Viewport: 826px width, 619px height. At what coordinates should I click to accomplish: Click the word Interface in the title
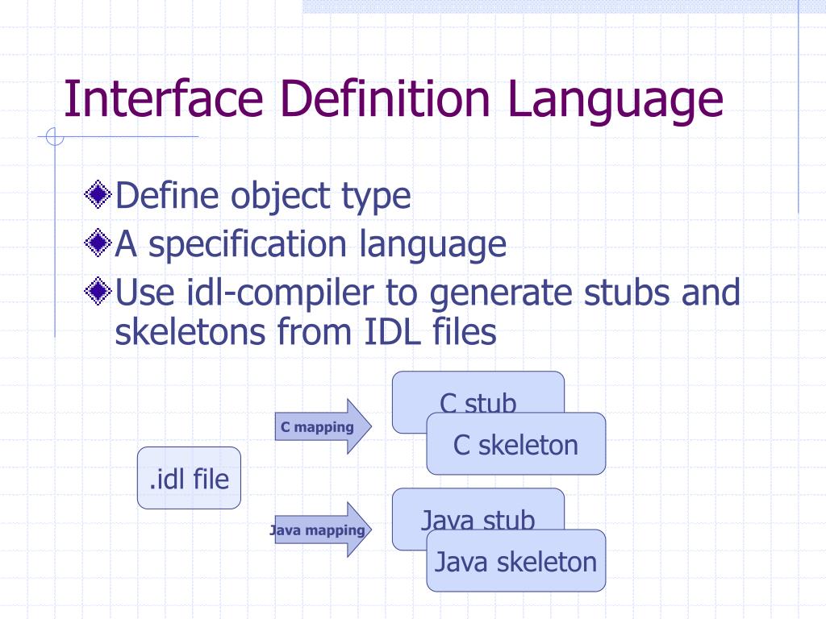[164, 98]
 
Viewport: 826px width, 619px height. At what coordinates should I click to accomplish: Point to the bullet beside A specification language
[99, 243]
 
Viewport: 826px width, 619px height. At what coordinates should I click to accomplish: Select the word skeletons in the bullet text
[189, 331]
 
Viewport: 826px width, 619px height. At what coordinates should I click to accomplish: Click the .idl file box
[189, 478]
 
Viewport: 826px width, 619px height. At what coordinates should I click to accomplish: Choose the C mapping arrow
[323, 426]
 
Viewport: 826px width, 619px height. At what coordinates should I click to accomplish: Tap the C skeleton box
[515, 444]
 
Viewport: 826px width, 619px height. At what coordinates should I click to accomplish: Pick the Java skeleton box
[515, 562]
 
